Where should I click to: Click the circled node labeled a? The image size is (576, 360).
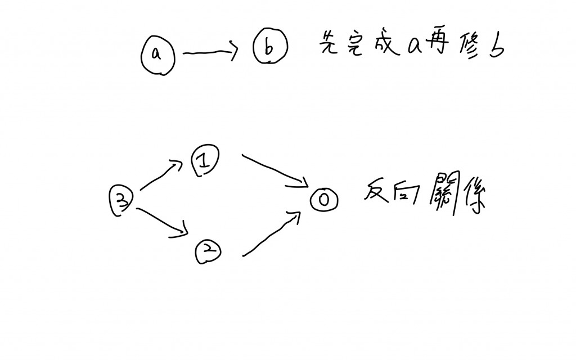tap(157, 54)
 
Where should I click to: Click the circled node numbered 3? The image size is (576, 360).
tap(121, 201)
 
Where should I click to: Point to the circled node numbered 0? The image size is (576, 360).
tap(325, 200)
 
